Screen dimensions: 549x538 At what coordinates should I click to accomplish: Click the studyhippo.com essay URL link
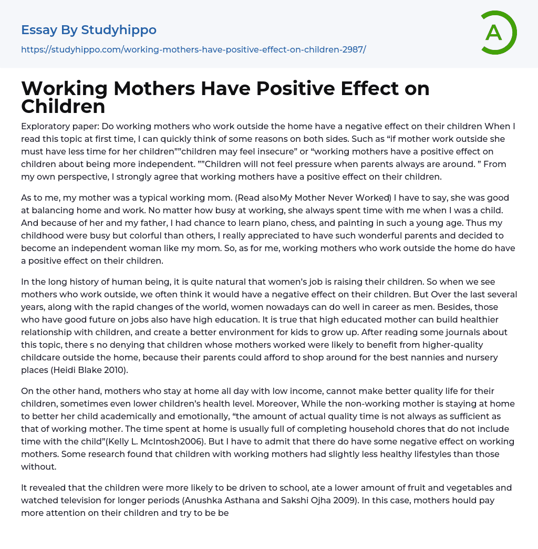193,49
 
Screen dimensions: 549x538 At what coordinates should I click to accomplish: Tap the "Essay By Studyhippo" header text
89,30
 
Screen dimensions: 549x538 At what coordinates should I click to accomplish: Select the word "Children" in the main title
63,106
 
